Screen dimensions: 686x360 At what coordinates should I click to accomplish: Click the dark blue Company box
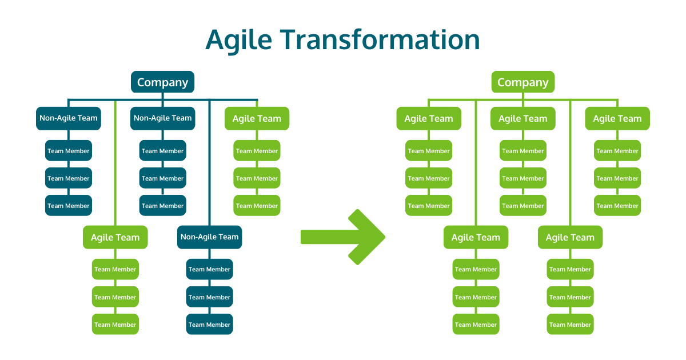click(162, 82)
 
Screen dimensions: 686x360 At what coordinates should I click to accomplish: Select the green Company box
click(523, 82)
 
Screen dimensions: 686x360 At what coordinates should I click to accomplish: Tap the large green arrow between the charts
click(343, 237)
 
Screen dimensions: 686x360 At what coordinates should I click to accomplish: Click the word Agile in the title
click(239, 40)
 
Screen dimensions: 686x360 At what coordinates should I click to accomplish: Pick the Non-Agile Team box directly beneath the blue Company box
click(162, 118)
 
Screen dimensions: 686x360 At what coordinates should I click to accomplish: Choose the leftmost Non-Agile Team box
click(68, 118)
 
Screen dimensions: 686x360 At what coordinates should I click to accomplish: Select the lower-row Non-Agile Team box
click(209, 237)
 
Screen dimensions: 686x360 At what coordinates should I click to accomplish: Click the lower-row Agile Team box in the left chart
click(115, 237)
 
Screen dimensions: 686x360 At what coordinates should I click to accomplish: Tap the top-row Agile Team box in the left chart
click(257, 118)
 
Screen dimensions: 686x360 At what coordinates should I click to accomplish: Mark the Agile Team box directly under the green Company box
click(523, 118)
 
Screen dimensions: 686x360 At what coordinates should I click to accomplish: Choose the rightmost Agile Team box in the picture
click(617, 118)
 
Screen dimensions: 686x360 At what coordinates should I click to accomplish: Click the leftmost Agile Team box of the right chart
click(429, 118)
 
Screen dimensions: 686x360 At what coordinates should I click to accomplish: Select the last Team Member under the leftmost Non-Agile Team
click(68, 205)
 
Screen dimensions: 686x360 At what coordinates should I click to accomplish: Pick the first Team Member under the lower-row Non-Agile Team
click(209, 269)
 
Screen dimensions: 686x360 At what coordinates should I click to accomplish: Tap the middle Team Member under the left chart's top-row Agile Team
click(257, 178)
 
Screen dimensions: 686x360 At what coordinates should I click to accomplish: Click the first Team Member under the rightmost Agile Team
click(617, 151)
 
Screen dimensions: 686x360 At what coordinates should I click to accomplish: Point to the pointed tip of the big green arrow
click(385, 237)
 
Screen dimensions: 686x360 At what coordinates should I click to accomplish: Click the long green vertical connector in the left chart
click(115, 163)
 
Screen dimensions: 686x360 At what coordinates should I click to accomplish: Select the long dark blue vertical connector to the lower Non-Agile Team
click(209, 163)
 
